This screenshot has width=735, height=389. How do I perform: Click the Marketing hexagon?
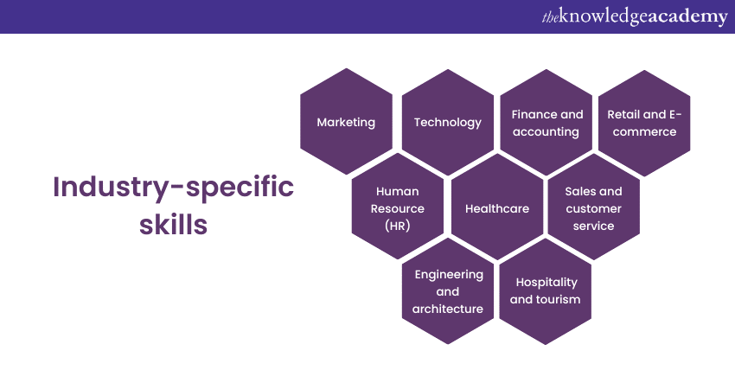[347, 121]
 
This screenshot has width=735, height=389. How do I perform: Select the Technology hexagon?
[448, 123]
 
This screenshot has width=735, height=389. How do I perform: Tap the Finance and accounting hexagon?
[546, 123]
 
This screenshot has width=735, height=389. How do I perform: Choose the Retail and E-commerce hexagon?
[644, 124]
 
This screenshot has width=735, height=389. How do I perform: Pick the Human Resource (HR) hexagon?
[398, 207]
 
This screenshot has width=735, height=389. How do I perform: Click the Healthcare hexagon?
[497, 207]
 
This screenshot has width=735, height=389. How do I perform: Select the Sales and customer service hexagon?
[594, 207]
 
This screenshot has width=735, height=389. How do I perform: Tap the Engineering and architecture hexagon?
[448, 291]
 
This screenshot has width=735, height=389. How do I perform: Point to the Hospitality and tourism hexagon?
[545, 291]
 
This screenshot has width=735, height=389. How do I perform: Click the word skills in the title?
[174, 225]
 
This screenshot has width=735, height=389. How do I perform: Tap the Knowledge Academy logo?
[635, 16]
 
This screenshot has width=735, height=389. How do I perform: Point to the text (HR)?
[398, 226]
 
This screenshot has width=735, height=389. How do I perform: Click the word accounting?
[546, 132]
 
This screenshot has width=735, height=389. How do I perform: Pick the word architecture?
[448, 309]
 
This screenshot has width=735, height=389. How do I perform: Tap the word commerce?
[644, 132]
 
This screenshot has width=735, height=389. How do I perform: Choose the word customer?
[593, 208]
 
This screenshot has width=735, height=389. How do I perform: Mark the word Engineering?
[449, 275]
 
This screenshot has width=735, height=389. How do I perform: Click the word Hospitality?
[546, 283]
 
